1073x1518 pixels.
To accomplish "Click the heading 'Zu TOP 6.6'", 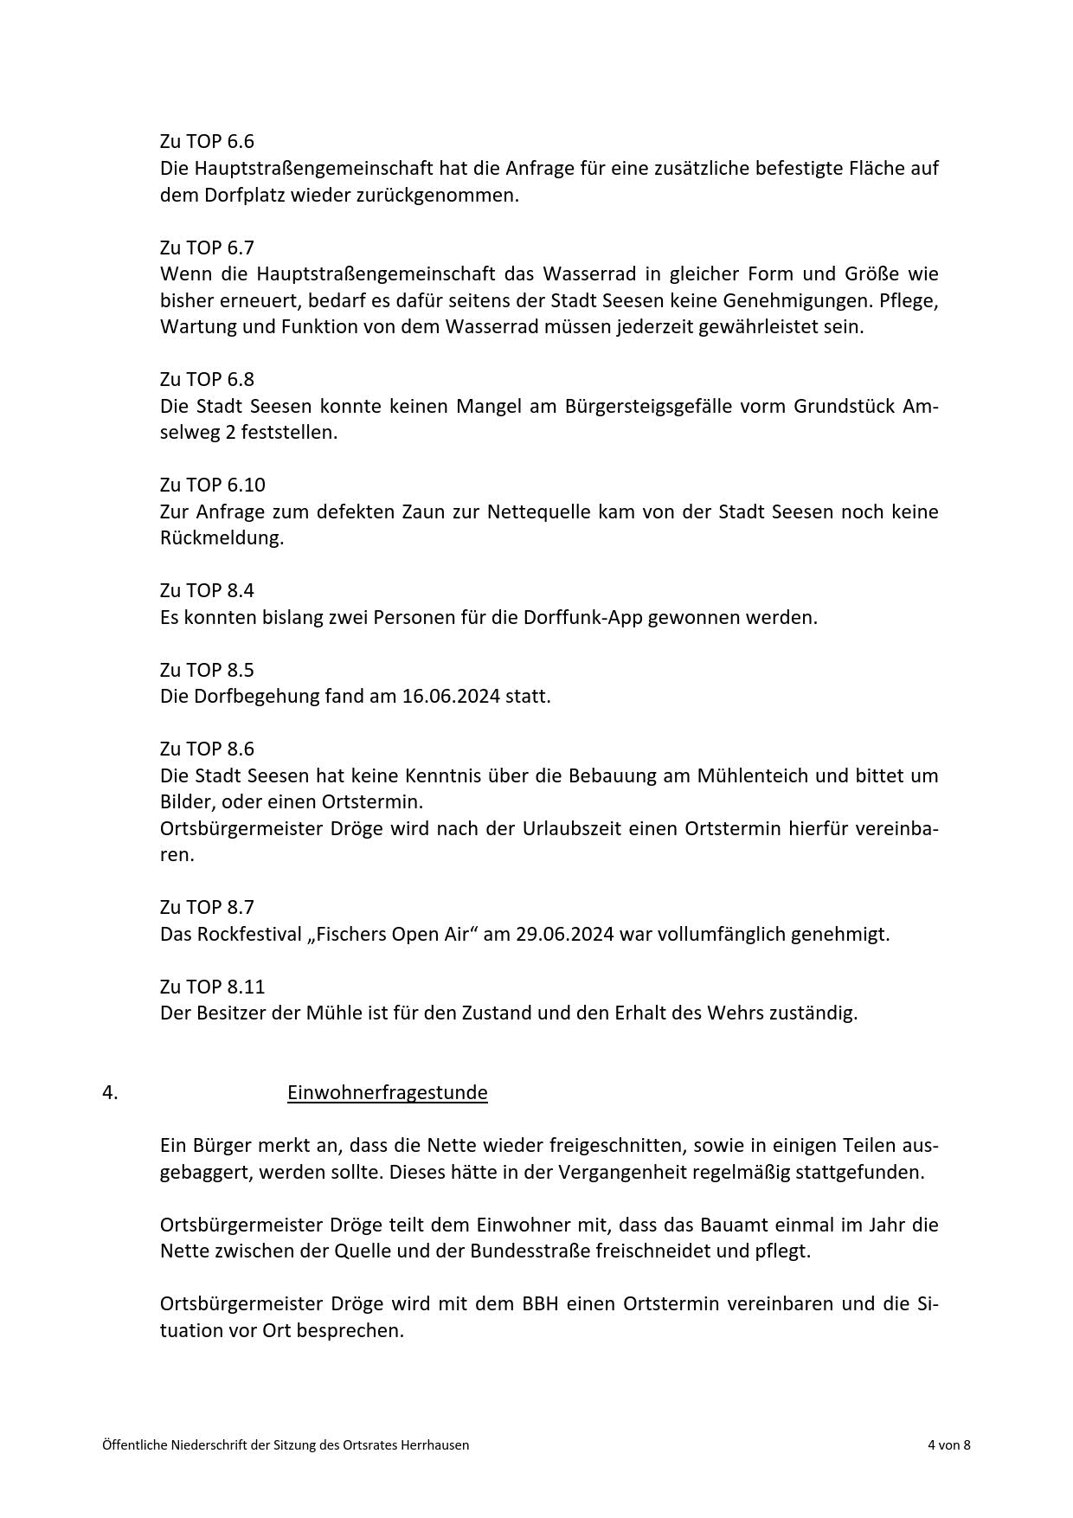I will tap(207, 141).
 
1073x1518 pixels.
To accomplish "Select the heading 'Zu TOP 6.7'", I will tap(207, 248).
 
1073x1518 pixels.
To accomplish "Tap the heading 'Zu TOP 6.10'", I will tap(212, 485).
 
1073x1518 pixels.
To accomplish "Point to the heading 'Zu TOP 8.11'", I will tap(212, 987).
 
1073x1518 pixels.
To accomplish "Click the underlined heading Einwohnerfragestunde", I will tap(387, 1092).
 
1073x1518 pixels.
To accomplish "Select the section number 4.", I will tap(110, 1092).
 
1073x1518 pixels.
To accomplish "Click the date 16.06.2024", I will tap(451, 696).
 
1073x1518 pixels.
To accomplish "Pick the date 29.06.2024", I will tap(565, 934).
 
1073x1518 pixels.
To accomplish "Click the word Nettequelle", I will tap(536, 511).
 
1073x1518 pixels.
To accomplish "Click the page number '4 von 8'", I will tap(948, 1444).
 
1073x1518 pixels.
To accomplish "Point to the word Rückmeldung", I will tap(222, 537).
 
